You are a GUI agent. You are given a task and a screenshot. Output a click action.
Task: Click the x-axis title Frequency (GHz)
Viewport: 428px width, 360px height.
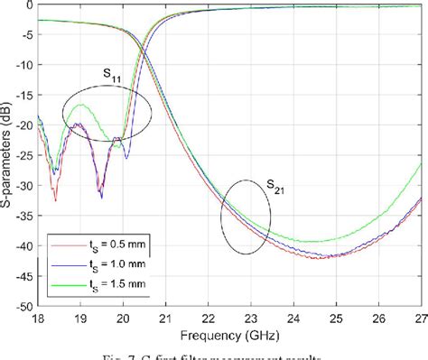click(x=228, y=333)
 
